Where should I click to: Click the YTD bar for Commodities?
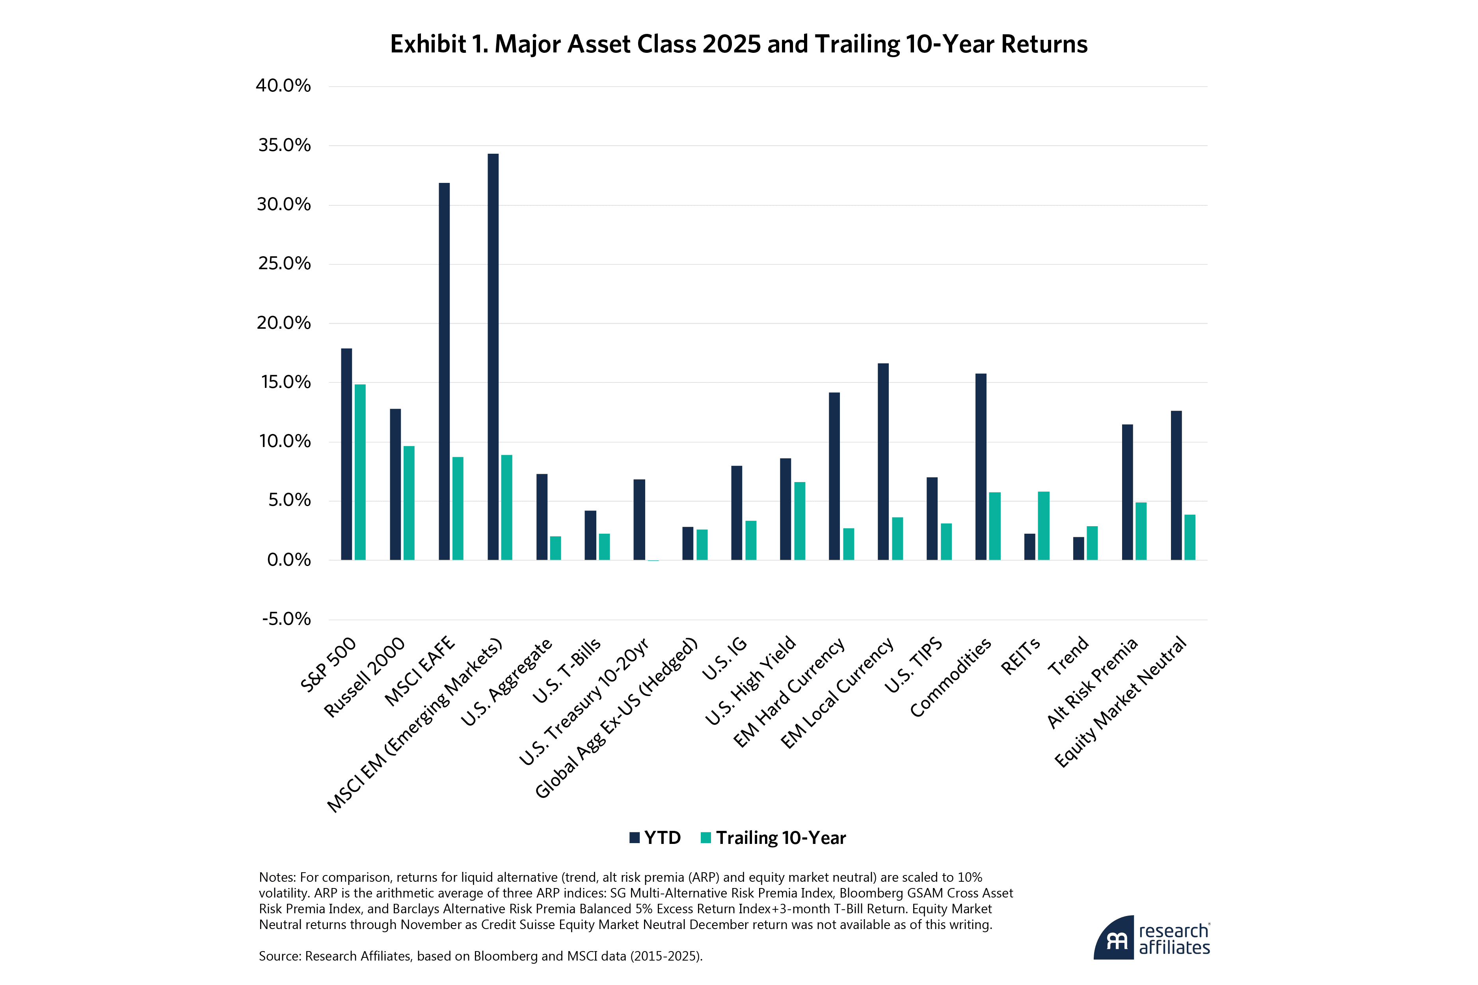point(981,466)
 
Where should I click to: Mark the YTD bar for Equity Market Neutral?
point(1176,485)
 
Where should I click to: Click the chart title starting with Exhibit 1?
point(739,44)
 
